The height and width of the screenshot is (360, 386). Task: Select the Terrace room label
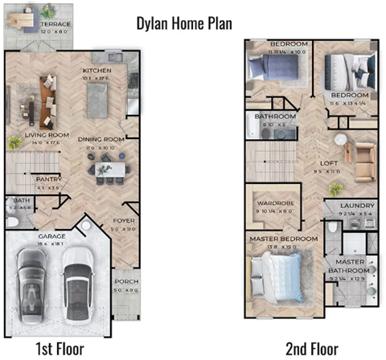tap(55, 24)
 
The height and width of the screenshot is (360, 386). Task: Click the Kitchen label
tap(96, 71)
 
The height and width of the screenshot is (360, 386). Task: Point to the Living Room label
tap(47, 135)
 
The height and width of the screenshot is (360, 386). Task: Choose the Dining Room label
tap(101, 140)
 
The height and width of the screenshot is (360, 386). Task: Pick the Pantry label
tap(49, 180)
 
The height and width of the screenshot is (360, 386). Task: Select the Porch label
tap(125, 281)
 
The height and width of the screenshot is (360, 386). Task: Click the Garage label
tap(51, 236)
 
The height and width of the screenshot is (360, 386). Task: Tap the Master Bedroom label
tap(281, 239)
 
